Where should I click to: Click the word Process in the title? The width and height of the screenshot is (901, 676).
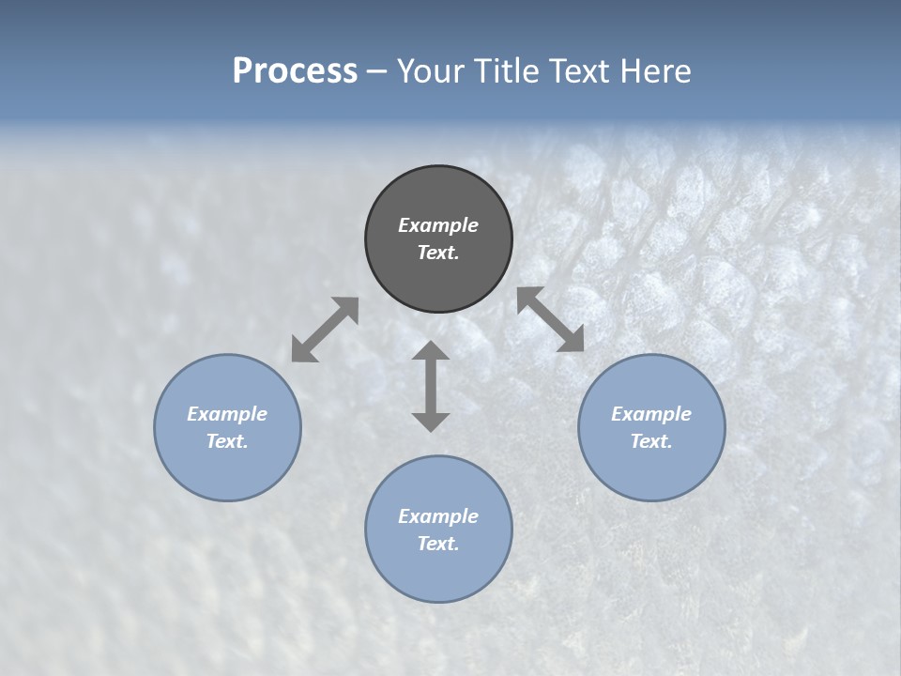(295, 71)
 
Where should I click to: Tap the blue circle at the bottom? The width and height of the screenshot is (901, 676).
(438, 573)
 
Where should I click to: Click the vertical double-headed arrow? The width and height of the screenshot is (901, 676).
(431, 386)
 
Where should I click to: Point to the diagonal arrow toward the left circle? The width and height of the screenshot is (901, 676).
(325, 330)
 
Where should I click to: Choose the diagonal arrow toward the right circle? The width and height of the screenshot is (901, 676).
(551, 319)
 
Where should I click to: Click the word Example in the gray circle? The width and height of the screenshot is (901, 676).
(438, 225)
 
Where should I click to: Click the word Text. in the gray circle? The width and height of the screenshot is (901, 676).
(438, 253)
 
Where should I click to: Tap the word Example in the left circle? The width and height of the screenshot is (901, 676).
(227, 414)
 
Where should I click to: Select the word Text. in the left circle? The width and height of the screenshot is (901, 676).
(227, 441)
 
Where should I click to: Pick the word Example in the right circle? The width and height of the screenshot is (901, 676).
(651, 414)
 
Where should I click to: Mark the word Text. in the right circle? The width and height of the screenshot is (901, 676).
(651, 441)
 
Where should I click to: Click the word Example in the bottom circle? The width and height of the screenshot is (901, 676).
(438, 516)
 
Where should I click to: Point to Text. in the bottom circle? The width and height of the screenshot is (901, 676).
(438, 544)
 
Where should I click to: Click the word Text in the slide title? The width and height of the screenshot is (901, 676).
(577, 71)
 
